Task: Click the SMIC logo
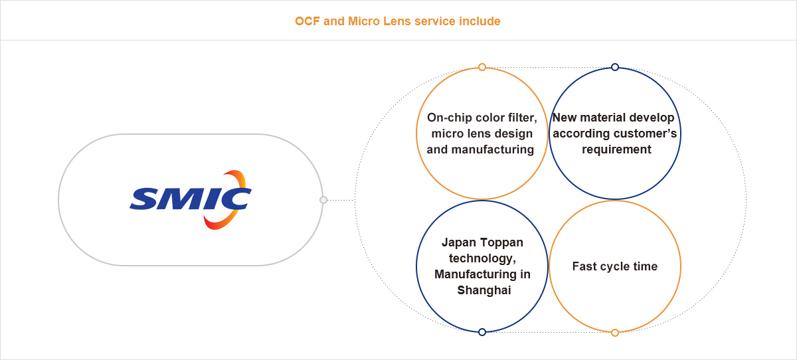click(x=191, y=199)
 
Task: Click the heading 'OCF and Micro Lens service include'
click(x=398, y=21)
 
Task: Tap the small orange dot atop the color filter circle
click(x=482, y=67)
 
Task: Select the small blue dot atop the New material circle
click(x=615, y=67)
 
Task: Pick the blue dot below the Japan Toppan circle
click(x=482, y=332)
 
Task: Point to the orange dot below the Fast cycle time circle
click(x=615, y=332)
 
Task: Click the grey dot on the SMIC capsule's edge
click(x=323, y=199)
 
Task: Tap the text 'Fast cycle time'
click(x=615, y=266)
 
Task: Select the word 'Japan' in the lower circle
click(x=456, y=242)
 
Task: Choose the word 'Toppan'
click(x=500, y=242)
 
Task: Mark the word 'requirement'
click(x=617, y=149)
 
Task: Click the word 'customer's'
click(x=644, y=134)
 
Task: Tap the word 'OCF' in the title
click(x=308, y=21)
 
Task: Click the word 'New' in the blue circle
click(x=565, y=118)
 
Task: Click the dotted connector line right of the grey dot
click(x=340, y=199)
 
